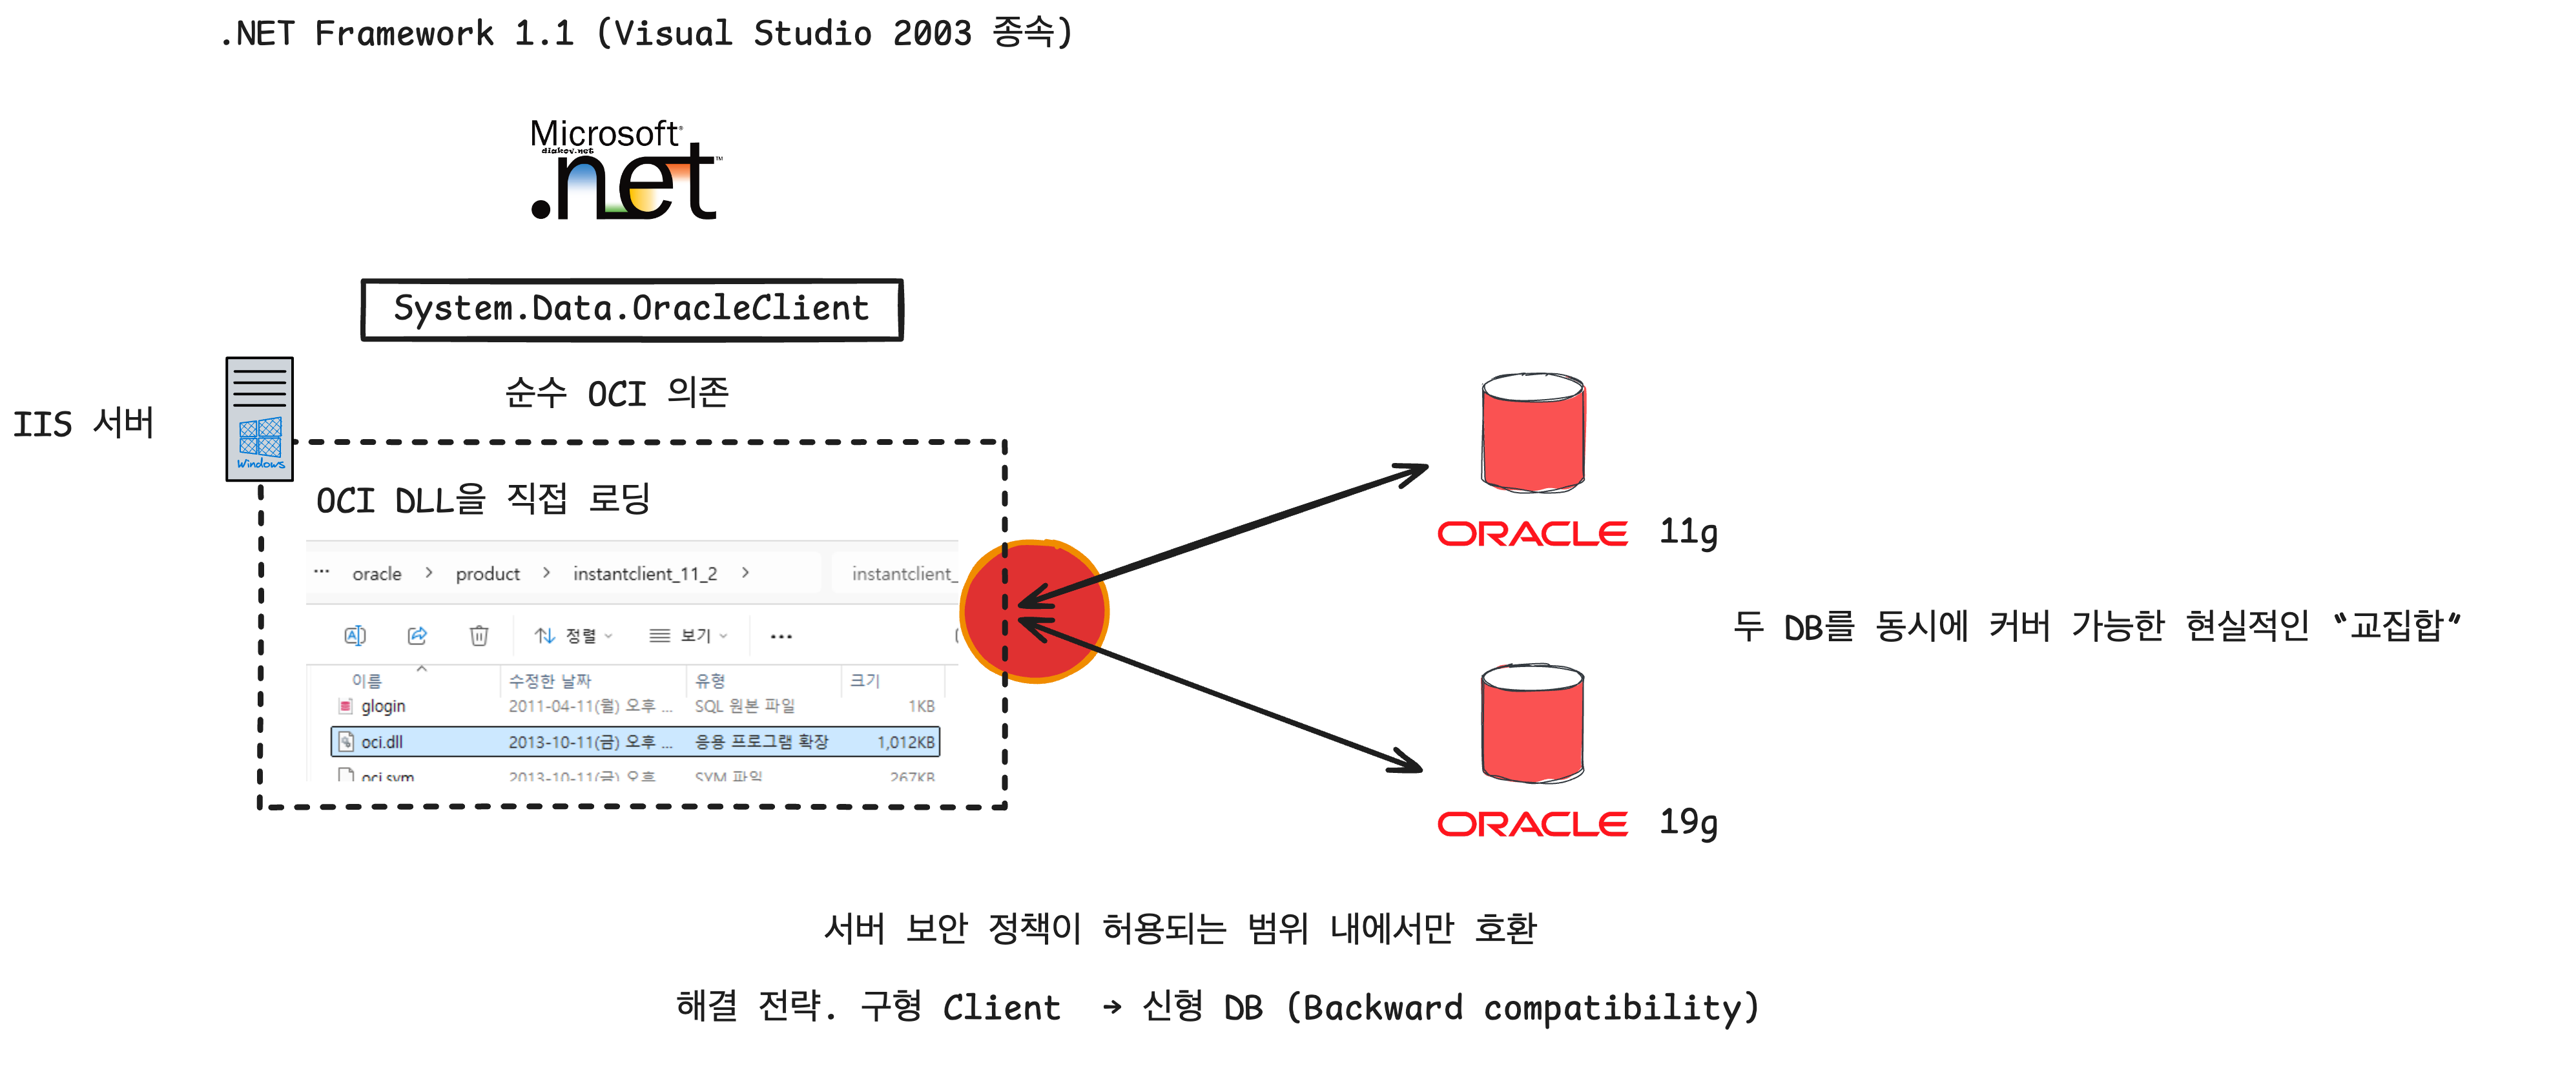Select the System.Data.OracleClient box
click(x=632, y=310)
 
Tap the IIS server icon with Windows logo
click(x=260, y=419)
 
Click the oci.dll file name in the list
click(x=382, y=742)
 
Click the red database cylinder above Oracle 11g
click(x=1533, y=433)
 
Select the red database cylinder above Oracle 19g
click(x=1533, y=723)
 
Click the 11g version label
click(x=1688, y=533)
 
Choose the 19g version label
click(x=1688, y=823)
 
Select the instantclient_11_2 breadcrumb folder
click(x=645, y=574)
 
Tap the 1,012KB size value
click(x=905, y=742)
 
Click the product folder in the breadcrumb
click(x=487, y=574)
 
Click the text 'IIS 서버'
click(x=83, y=424)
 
